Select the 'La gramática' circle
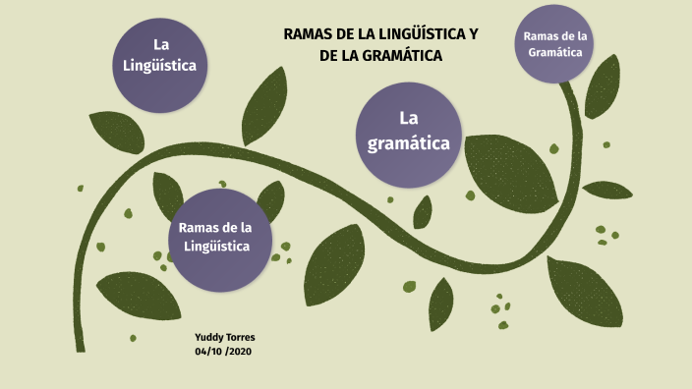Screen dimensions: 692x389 (x=408, y=135)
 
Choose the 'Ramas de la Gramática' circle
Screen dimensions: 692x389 (x=555, y=44)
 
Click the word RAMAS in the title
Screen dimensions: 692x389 (x=309, y=34)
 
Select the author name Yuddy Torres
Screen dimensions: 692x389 (x=225, y=337)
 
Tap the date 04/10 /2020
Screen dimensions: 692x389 (x=224, y=351)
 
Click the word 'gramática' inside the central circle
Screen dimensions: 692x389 (x=408, y=143)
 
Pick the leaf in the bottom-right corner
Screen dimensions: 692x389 (x=585, y=291)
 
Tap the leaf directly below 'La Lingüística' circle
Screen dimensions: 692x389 (x=117, y=132)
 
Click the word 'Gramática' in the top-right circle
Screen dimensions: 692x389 (x=555, y=52)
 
